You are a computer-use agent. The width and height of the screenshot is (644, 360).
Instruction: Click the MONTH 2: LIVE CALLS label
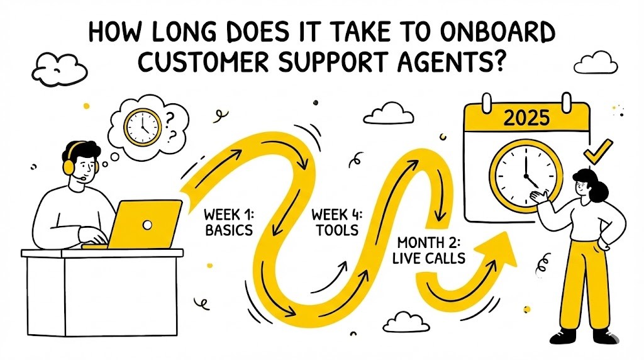pyautogui.click(x=431, y=250)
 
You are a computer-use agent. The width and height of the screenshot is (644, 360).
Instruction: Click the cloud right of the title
pyautogui.click(x=594, y=61)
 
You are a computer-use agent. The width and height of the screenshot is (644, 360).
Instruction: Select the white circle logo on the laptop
pyautogui.click(x=147, y=224)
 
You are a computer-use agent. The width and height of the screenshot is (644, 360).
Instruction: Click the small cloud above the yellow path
pyautogui.click(x=387, y=113)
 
